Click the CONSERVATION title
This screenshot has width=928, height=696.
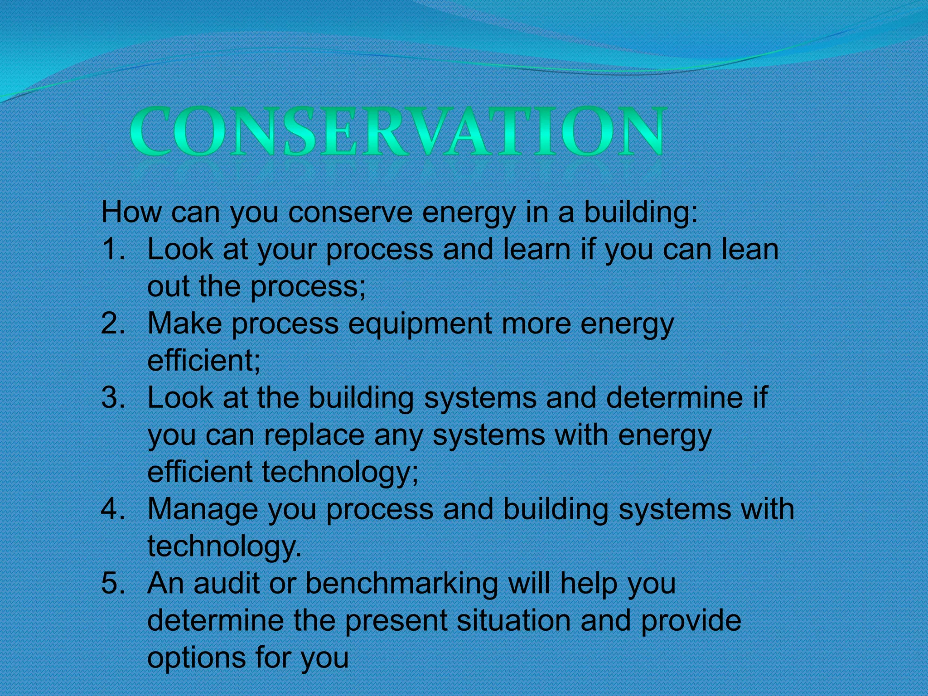pyautogui.click(x=397, y=131)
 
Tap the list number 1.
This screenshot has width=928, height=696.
pyautogui.click(x=112, y=249)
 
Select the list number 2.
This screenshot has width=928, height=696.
pyautogui.click(x=112, y=324)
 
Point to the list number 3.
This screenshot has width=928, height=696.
pyautogui.click(x=112, y=397)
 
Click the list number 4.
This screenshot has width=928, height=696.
pyautogui.click(x=112, y=509)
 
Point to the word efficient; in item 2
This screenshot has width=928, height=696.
pyautogui.click(x=204, y=361)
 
